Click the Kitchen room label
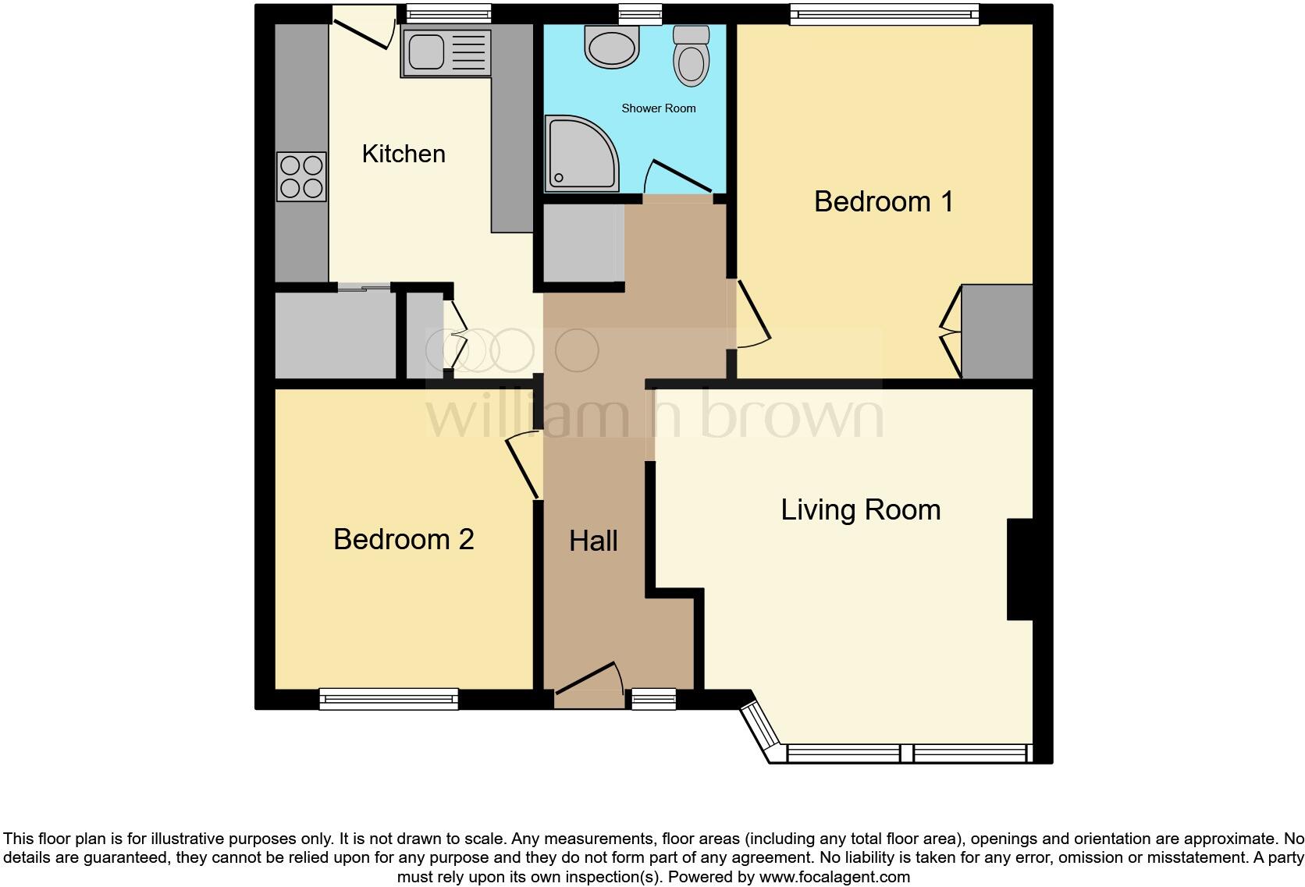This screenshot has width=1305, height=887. pos(404,154)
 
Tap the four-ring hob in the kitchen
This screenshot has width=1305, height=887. pos(301,176)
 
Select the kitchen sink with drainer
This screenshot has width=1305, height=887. pos(446,52)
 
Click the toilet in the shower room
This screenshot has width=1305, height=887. pos(691,57)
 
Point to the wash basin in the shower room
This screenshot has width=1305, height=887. pos(612,48)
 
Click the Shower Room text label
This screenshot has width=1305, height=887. pos(658,108)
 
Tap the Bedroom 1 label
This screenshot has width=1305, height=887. pos(883,201)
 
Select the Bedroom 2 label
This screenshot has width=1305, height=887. pos(404,539)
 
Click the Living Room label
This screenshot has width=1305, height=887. pos(860,509)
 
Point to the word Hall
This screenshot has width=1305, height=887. pos(593,541)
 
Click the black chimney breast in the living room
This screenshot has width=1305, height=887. pos(1020,569)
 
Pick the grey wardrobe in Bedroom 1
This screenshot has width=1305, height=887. pos(997,331)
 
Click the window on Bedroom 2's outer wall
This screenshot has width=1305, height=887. pos(389,699)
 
